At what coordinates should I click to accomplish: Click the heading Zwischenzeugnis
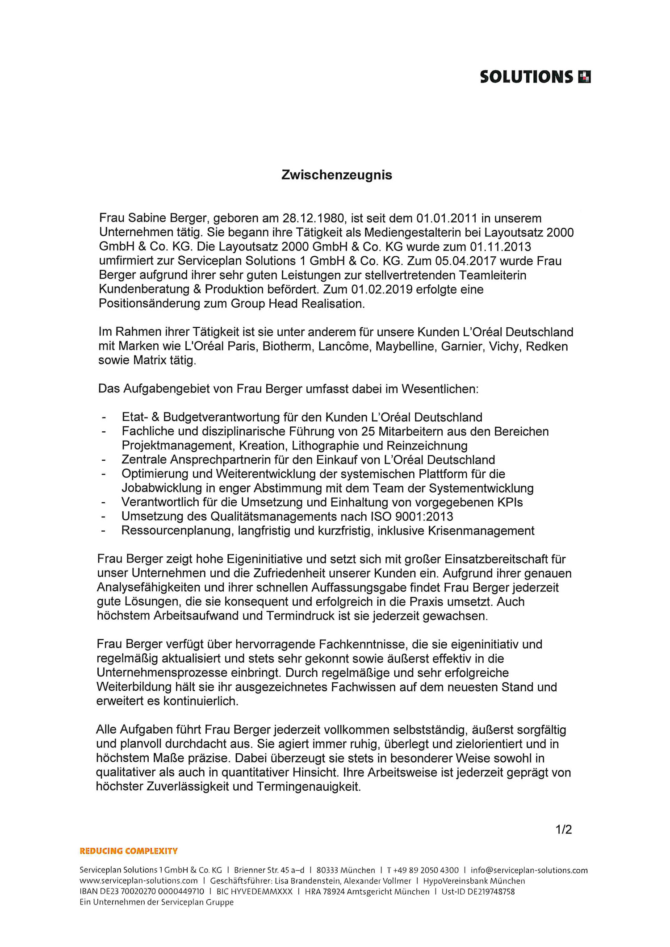pyautogui.click(x=336, y=175)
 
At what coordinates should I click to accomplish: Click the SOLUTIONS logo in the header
pyautogui.click(x=535, y=77)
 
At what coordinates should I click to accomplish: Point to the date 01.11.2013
pyautogui.click(x=500, y=247)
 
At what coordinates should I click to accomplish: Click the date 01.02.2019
pyautogui.click(x=382, y=290)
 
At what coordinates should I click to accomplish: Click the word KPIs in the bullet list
pyautogui.click(x=510, y=502)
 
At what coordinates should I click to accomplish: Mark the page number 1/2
pyautogui.click(x=563, y=830)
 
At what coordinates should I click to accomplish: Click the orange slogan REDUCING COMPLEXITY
pyautogui.click(x=129, y=851)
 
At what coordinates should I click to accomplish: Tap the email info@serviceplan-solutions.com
pyautogui.click(x=529, y=870)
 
